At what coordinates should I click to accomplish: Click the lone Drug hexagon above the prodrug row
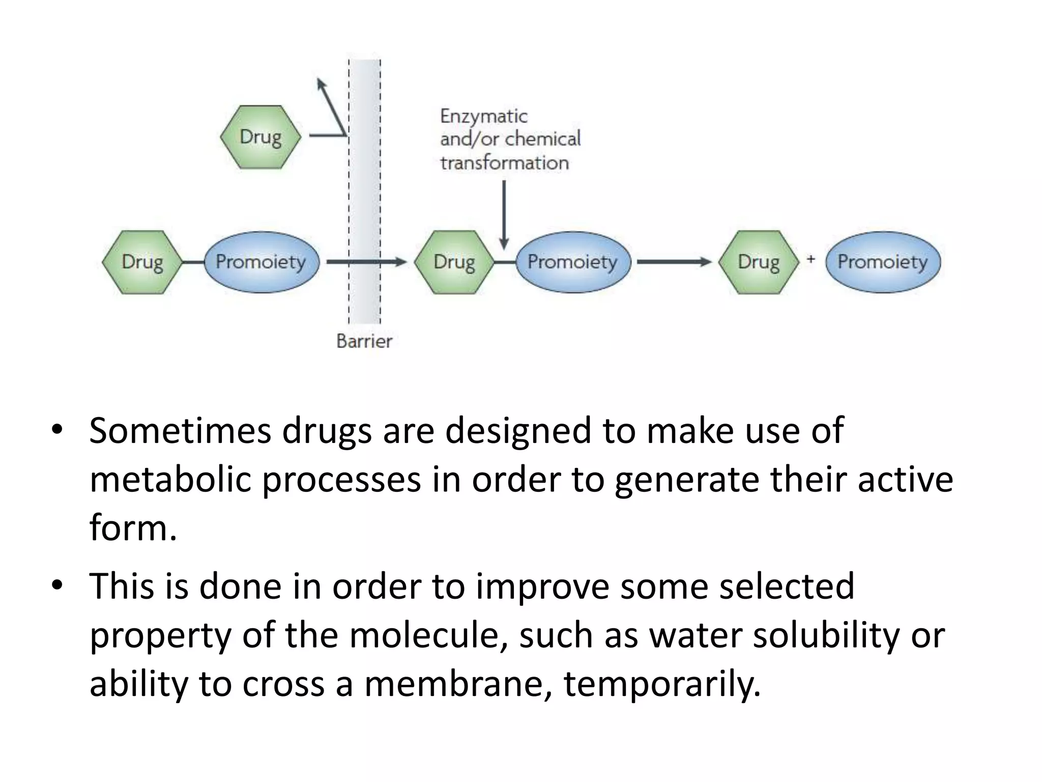pos(260,137)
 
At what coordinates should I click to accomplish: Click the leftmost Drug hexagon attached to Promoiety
pos(142,262)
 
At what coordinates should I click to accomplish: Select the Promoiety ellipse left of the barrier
pos(261,262)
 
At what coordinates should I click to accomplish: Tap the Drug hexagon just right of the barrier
pos(454,262)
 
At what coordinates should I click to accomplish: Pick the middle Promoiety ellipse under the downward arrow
pos(573,262)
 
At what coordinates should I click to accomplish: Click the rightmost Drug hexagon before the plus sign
pos(758,262)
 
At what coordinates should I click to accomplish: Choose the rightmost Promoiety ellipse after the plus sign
pos(883,262)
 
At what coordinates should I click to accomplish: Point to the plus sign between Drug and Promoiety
pos(811,259)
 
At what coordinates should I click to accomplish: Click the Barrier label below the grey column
pos(364,341)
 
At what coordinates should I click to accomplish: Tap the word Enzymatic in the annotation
pos(483,117)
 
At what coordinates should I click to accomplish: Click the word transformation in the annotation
pos(504,163)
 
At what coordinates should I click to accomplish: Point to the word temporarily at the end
pos(661,683)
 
